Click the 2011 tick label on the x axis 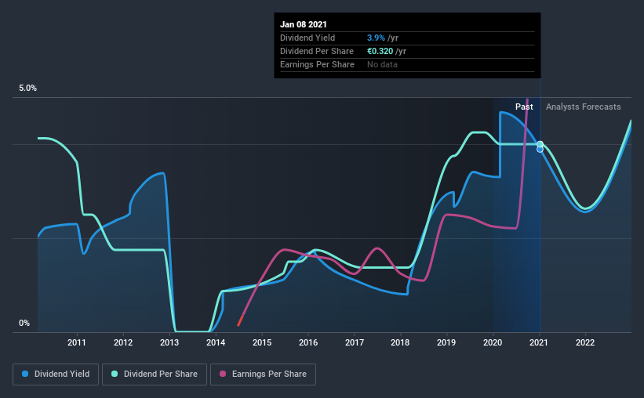[77, 342]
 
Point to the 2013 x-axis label [169, 342]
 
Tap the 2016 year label [308, 342]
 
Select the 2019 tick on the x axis [446, 342]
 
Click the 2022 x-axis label [585, 342]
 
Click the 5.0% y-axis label [27, 89]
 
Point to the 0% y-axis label [24, 323]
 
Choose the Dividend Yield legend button [56, 374]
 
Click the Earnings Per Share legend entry [263, 374]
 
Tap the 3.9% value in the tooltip [377, 38]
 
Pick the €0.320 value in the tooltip [381, 51]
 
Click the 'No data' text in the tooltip [382, 64]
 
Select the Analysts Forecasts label [583, 107]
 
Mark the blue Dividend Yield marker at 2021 [540, 149]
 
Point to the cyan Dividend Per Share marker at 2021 [540, 144]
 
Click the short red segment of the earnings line [240, 319]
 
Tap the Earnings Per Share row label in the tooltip [317, 64]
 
